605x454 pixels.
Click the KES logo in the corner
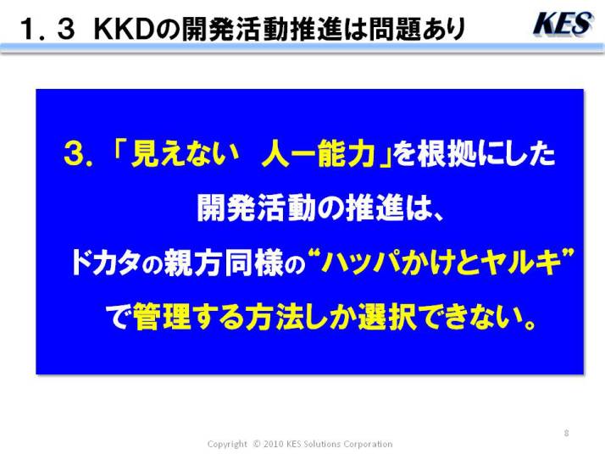tap(563, 24)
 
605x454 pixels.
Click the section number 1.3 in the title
tap(47, 29)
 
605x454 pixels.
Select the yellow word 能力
tap(347, 154)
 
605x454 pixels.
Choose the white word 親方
tap(193, 263)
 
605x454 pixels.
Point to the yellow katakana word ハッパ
tap(360, 263)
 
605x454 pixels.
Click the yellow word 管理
tap(162, 317)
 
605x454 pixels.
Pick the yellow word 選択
tap(387, 317)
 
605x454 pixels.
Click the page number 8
tap(566, 433)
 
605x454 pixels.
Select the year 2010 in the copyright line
tap(274, 444)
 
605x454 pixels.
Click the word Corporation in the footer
tap(368, 444)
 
